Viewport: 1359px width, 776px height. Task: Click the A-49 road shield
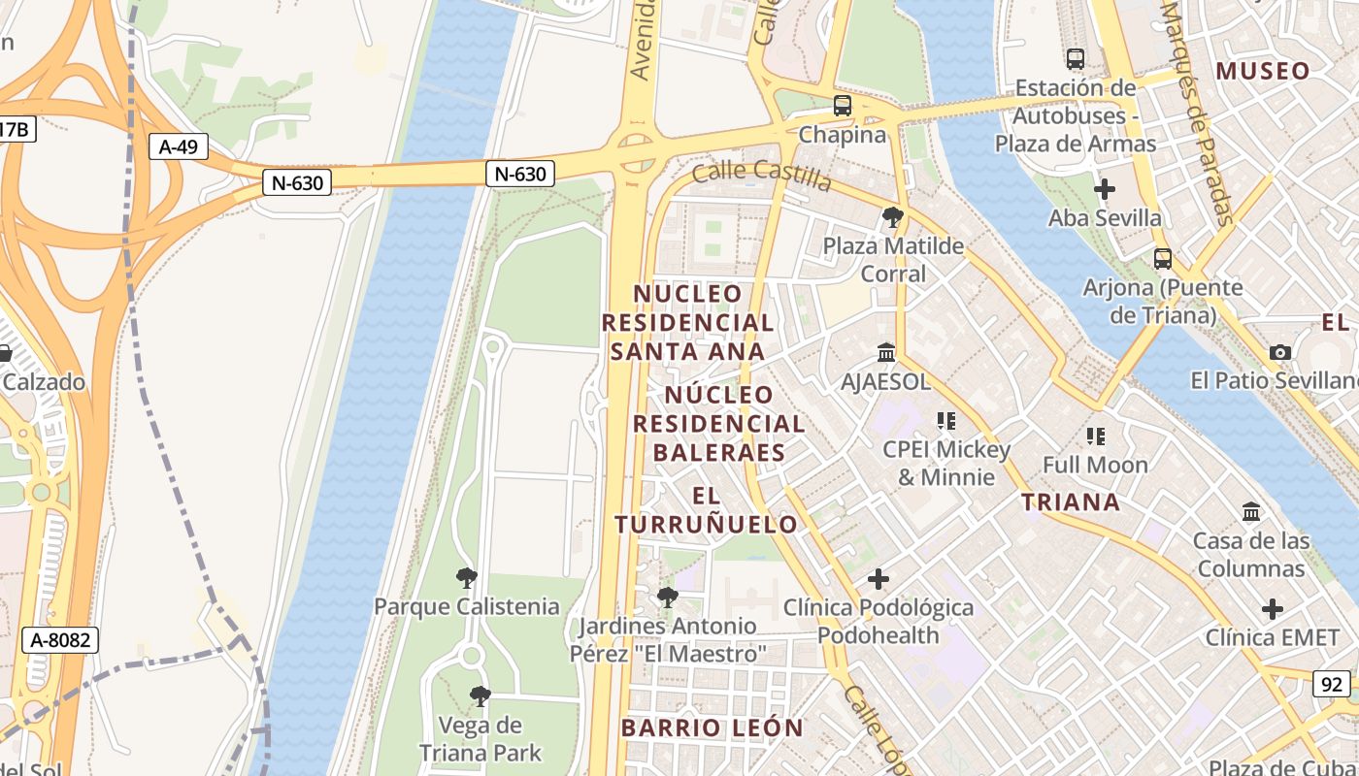[x=179, y=146]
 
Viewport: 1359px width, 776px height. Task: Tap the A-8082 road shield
[x=60, y=639]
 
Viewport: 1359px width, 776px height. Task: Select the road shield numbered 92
[x=1332, y=684]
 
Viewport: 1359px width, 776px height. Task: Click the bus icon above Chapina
[x=843, y=106]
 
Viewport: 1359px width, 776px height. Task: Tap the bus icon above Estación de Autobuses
[x=1076, y=59]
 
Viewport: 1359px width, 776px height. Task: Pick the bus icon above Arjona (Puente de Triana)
[x=1163, y=259]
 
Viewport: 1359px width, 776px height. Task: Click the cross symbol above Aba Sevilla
[x=1105, y=189]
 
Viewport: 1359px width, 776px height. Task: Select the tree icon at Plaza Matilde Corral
[x=893, y=217]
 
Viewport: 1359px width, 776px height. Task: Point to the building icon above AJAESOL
[x=886, y=352]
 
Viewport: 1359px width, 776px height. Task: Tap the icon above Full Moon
[x=1096, y=436]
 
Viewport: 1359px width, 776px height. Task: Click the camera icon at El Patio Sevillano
[x=1280, y=352]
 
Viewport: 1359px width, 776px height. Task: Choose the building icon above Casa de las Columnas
[x=1251, y=511]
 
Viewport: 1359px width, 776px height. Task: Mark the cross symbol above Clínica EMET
[x=1273, y=609]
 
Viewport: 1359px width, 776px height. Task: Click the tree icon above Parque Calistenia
[x=467, y=578]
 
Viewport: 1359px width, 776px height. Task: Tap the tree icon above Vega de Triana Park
[x=480, y=696]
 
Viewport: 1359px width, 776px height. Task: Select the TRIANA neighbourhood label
[x=1071, y=501]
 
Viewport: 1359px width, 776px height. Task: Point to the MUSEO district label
[x=1263, y=71]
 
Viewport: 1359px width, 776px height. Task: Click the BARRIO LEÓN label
[x=712, y=727]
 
